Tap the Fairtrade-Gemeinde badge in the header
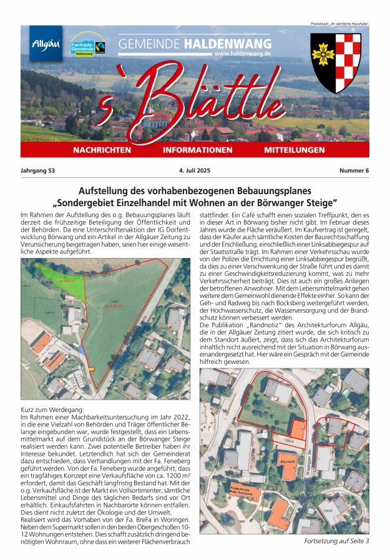click(88, 46)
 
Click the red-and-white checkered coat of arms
click(335, 61)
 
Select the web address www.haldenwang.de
click(243, 54)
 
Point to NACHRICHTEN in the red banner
click(102, 150)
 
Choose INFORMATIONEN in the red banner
click(197, 150)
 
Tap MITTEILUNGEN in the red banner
click(295, 150)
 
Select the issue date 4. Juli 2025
click(195, 170)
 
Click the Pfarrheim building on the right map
click(288, 464)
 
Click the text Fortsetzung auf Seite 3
click(336, 541)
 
